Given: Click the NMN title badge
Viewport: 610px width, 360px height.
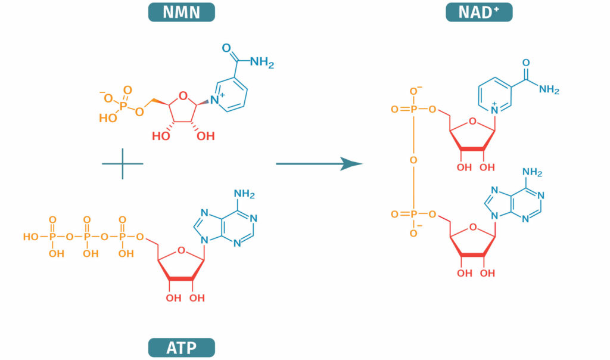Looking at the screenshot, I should [181, 12].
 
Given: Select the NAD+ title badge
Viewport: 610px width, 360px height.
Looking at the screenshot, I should [479, 12].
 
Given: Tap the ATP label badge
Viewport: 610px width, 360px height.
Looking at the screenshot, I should [181, 347].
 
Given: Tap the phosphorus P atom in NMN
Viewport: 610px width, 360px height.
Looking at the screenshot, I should [122, 104].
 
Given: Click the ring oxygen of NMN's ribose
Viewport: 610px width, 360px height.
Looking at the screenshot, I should [183, 93].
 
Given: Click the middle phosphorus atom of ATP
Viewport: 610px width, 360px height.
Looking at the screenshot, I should [87, 237].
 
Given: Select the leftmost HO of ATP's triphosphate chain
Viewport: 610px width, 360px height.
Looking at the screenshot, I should [30, 237].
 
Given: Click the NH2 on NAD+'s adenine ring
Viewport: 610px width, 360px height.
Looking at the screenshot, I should [532, 173].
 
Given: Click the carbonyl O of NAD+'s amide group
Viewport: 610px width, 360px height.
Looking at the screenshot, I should [525, 62].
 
